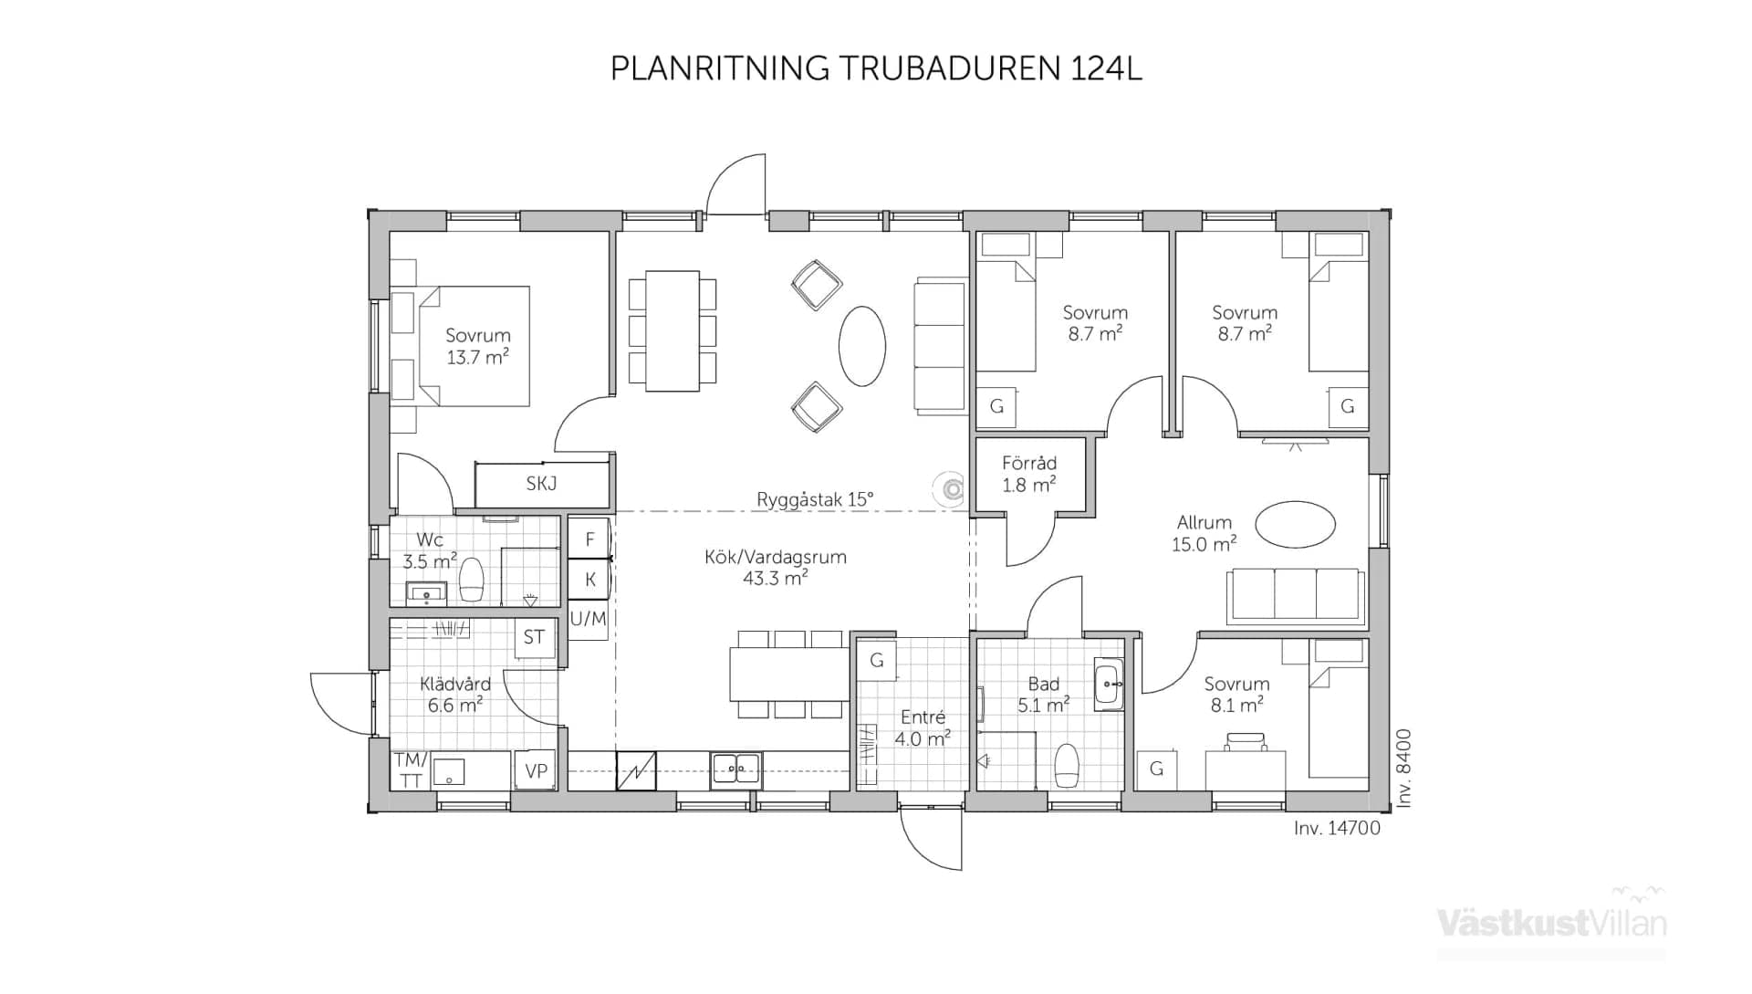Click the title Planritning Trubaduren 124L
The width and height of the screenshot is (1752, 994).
[x=875, y=68]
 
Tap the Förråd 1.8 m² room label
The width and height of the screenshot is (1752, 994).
[x=1028, y=474]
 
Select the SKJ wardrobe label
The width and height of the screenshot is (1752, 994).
[x=541, y=484]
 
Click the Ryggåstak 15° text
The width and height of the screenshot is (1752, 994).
[x=814, y=499]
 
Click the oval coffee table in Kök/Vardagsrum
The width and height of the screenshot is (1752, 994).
[x=861, y=346]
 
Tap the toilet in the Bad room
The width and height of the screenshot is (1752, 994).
[x=1066, y=764]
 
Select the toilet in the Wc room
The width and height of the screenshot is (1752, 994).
[x=471, y=579]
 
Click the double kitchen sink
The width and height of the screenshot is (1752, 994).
[x=735, y=769]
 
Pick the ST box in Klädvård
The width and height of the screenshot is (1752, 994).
[x=534, y=637]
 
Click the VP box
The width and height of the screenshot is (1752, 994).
[x=536, y=771]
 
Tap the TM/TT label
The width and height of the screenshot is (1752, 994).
[x=410, y=770]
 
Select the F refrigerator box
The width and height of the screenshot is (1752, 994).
[x=589, y=539]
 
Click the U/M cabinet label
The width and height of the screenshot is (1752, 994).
[x=588, y=619]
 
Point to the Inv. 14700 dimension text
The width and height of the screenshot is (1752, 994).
[x=1336, y=828]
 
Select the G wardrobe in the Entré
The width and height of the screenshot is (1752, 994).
[x=877, y=660]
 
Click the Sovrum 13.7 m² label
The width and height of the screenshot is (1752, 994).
[x=477, y=346]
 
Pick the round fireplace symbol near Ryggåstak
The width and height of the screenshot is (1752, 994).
[x=952, y=490]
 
